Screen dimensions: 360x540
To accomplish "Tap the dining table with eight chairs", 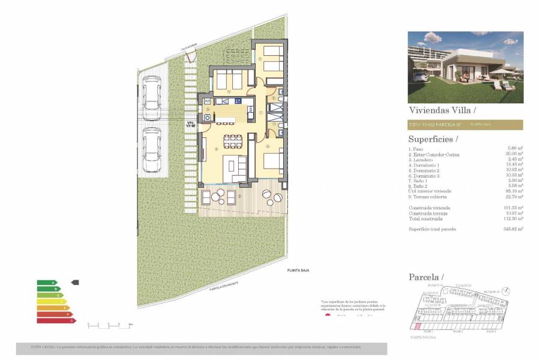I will click(x=232, y=141).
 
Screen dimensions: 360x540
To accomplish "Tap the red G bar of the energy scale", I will click(x=56, y=321).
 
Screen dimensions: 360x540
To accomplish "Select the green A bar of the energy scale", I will click(x=46, y=282).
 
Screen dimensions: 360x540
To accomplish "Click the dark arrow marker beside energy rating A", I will click(x=75, y=282).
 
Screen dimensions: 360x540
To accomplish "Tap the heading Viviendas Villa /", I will click(x=442, y=110).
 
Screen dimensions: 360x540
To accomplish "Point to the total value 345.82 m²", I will click(x=513, y=229).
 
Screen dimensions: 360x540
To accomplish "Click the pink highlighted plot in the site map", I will click(x=413, y=325).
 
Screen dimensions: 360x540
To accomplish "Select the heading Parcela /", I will click(x=426, y=277).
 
